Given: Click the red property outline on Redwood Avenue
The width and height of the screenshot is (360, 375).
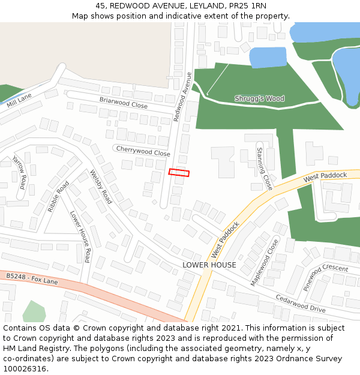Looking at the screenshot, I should pyautogui.click(x=179, y=173).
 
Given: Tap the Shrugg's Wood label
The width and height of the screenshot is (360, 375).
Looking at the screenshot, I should pyautogui.click(x=259, y=98).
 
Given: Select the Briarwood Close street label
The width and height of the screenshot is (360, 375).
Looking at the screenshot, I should pyautogui.click(x=124, y=103).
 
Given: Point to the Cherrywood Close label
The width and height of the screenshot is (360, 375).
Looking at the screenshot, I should pyautogui.click(x=143, y=151).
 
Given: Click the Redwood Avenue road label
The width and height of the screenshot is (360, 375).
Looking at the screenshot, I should pyautogui.click(x=182, y=97).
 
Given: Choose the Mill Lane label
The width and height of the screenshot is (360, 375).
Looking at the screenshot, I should pyautogui.click(x=19, y=100).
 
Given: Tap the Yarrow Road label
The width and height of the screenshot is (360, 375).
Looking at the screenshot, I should pyautogui.click(x=20, y=172).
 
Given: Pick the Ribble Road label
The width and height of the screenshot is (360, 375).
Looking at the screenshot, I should pyautogui.click(x=58, y=197).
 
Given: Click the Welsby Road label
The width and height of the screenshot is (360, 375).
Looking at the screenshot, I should pyautogui.click(x=101, y=187).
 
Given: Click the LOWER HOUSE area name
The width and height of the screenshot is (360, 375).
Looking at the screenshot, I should pyautogui.click(x=209, y=265).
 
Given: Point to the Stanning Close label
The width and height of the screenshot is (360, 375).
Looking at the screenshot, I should pyautogui.click(x=264, y=169).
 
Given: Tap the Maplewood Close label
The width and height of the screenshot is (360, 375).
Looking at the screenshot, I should pyautogui.click(x=265, y=262).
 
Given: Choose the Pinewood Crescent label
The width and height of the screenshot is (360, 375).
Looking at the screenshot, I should pyautogui.click(x=325, y=276).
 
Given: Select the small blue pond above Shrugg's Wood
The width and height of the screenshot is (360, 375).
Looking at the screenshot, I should pyautogui.click(x=268, y=58).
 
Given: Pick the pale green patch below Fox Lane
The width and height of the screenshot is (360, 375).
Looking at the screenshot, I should pyautogui.click(x=34, y=311).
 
